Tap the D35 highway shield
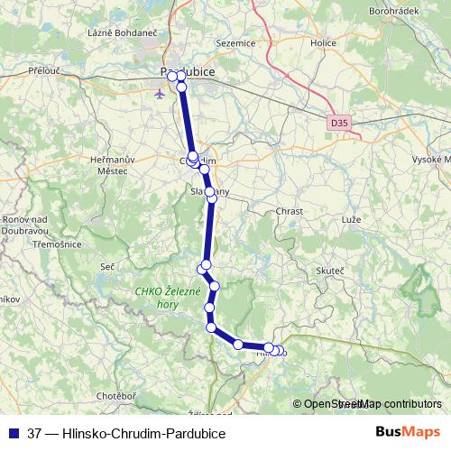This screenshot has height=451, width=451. tap(338, 120)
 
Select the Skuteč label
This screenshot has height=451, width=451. tap(331, 270)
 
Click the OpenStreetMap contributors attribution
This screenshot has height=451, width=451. tap(372, 405)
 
